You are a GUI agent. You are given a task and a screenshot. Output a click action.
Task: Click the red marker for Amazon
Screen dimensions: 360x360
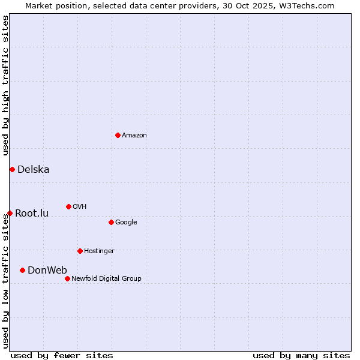tap(118, 135)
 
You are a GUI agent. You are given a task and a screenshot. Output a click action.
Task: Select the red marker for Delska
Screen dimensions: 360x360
tap(12, 169)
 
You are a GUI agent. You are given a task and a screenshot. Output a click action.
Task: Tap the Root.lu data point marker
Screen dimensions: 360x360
tap(10, 213)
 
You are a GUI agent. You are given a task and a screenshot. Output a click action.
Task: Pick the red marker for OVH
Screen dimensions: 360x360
tap(68, 206)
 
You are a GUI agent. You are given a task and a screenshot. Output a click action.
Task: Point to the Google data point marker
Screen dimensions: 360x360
tap(111, 222)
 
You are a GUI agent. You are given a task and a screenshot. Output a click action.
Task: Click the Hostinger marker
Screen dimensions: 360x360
tap(80, 251)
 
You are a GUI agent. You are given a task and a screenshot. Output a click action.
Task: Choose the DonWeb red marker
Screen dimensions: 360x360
tap(22, 270)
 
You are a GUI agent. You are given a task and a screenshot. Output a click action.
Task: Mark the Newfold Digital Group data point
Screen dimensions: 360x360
tap(67, 278)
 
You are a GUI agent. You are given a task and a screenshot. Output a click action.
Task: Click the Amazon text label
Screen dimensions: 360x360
tap(134, 136)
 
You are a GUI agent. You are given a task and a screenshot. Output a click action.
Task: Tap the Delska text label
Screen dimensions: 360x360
tap(34, 170)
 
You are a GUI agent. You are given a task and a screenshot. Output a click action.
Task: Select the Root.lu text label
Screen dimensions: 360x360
tap(32, 214)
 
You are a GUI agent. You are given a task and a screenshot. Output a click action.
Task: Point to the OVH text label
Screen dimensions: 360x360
tap(80, 207)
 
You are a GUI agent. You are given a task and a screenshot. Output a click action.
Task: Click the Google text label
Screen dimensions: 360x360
tap(126, 223)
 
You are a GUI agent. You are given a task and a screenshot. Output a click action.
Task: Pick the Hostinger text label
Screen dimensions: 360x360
tap(99, 251)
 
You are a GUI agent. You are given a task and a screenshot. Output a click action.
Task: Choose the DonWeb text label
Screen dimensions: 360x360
tap(47, 271)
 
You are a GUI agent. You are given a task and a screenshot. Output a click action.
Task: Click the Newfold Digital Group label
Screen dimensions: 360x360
tap(106, 279)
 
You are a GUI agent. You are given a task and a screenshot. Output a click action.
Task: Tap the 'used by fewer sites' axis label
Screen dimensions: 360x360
tap(62, 355)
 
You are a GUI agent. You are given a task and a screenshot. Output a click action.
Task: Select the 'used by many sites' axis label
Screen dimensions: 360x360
tap(301, 355)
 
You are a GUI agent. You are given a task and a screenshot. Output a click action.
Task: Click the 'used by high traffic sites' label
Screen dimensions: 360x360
tap(5, 86)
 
